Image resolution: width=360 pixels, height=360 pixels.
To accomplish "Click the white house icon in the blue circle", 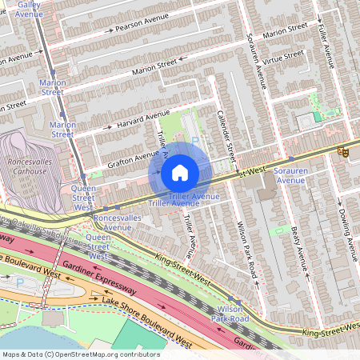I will tap(180, 173).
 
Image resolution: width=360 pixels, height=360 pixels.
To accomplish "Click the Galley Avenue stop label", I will tap(30, 9).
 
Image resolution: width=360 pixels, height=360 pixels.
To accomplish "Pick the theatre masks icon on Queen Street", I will tap(343, 151).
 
